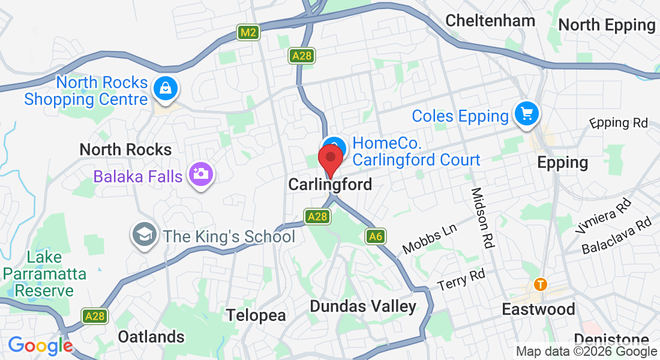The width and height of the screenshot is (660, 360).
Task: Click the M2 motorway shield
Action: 248,32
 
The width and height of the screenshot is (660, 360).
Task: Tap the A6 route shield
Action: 376,237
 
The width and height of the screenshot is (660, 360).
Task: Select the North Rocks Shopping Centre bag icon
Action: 164,89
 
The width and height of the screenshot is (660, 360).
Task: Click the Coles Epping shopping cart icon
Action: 527,113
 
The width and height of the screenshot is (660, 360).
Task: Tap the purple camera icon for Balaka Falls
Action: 200,175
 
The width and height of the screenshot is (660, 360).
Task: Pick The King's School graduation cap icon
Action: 144,235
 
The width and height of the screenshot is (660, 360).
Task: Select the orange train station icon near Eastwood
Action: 541,284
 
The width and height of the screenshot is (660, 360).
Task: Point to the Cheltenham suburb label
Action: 490,20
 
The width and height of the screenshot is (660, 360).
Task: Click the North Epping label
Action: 607,25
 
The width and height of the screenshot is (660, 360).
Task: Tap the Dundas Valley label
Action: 362,307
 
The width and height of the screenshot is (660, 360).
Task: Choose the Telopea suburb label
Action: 256,315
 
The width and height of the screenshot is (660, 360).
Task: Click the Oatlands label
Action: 151,336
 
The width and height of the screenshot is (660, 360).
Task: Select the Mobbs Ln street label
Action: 430,239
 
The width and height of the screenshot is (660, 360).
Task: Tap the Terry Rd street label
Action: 461,279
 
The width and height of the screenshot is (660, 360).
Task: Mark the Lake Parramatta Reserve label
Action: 44,274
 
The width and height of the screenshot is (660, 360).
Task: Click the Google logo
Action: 40,346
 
